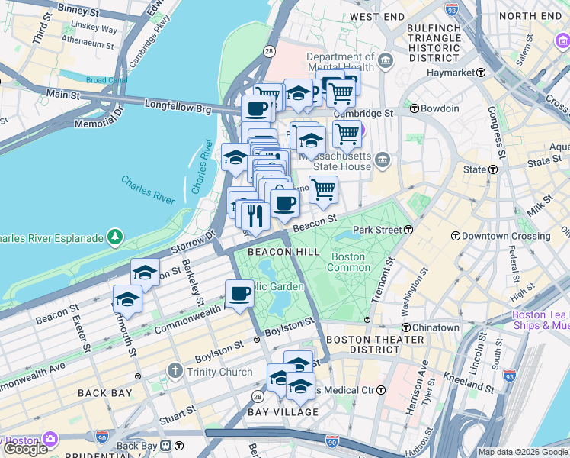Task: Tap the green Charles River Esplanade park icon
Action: point(115,237)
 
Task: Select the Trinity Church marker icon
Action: point(175,372)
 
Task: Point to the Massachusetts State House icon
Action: point(383,160)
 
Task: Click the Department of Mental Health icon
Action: point(386,60)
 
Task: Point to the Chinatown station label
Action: point(435,327)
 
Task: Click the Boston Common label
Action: point(349,262)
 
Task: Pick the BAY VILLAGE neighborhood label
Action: point(283,412)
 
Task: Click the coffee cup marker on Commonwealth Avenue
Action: point(239,294)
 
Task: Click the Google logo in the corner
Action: point(25,449)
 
